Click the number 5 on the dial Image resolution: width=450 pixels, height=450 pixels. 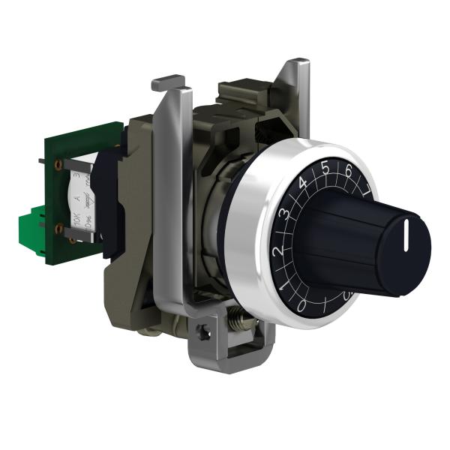coord(325,168)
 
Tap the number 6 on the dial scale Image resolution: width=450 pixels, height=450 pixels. coord(347,172)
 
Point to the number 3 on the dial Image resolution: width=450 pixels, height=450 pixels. coord(286,212)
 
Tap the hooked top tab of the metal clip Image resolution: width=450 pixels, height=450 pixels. coord(168,82)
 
